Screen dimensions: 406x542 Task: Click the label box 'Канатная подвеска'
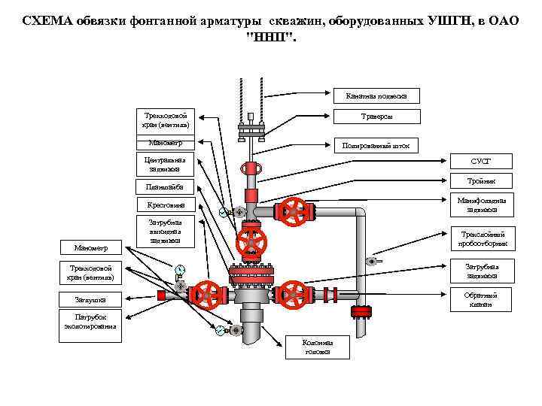(x=376, y=96)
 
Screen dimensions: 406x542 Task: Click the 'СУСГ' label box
(x=481, y=161)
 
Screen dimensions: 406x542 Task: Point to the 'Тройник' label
(x=481, y=180)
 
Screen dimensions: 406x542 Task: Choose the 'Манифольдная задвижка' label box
(x=481, y=205)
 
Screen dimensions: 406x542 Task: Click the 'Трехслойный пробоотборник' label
(x=483, y=238)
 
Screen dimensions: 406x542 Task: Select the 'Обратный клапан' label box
(x=483, y=299)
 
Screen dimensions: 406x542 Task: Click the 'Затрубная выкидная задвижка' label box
(x=165, y=231)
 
